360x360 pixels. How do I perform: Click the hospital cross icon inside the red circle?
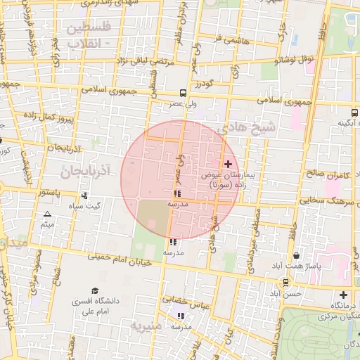228,163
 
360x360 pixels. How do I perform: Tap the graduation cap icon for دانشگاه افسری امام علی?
94,291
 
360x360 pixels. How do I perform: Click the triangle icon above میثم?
47,214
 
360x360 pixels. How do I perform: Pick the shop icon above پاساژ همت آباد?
296,256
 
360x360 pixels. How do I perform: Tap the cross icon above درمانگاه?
342,295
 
